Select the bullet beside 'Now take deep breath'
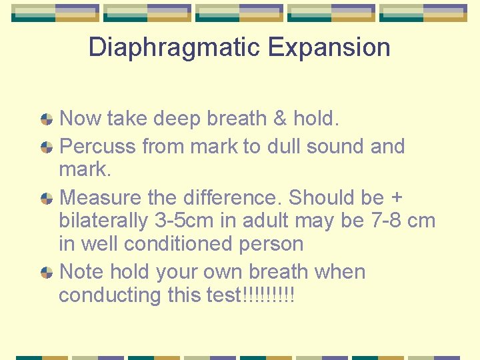tap(47, 120)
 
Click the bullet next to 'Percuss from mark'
tap(47, 147)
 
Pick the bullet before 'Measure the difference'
tap(47, 199)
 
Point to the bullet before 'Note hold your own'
tap(47, 273)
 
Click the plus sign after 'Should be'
tap(396, 199)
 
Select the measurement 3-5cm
tap(190, 221)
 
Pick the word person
tap(271, 244)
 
